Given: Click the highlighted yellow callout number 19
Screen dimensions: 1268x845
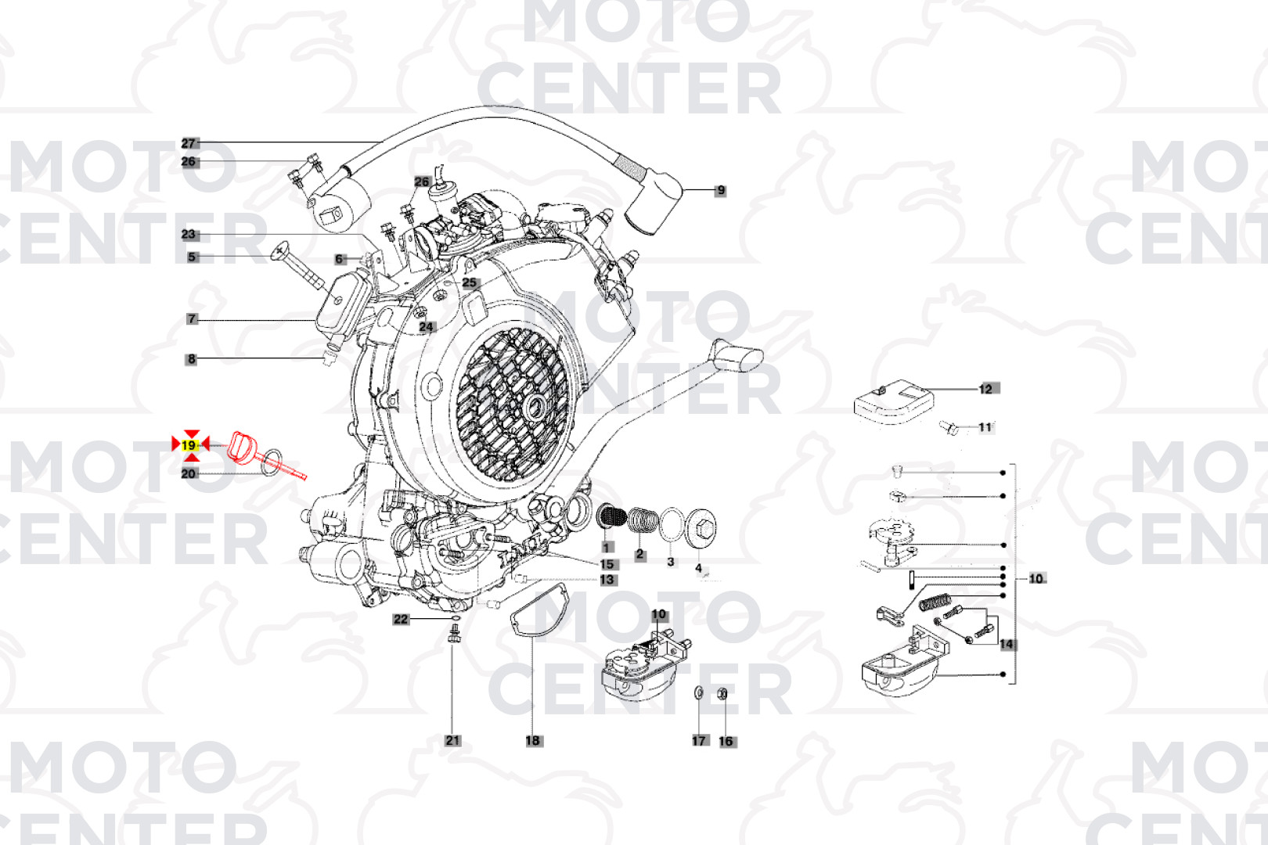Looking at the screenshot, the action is tap(189, 445).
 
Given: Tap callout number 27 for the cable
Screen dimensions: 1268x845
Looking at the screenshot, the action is tap(189, 143).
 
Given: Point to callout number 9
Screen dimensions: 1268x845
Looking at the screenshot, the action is tap(721, 190).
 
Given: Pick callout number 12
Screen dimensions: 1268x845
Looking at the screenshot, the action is tap(986, 389).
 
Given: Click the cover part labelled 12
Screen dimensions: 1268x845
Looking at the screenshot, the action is tap(893, 402).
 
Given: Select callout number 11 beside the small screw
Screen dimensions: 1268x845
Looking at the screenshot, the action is tap(985, 426).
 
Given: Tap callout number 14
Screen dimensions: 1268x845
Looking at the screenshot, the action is tap(1007, 644).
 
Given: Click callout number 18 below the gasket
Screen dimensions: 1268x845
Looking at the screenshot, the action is tap(533, 740).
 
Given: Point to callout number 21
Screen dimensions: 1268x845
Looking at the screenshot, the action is tap(453, 740).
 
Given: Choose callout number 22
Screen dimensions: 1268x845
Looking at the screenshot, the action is tap(401, 619).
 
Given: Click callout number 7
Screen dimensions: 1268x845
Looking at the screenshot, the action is tap(192, 319).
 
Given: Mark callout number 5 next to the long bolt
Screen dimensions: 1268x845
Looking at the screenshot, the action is tap(192, 257).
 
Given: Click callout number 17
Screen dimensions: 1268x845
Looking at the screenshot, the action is tap(699, 740).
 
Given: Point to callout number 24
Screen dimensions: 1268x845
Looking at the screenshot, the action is tap(427, 326).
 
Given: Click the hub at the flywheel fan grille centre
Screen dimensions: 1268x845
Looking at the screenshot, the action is tap(535, 405).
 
